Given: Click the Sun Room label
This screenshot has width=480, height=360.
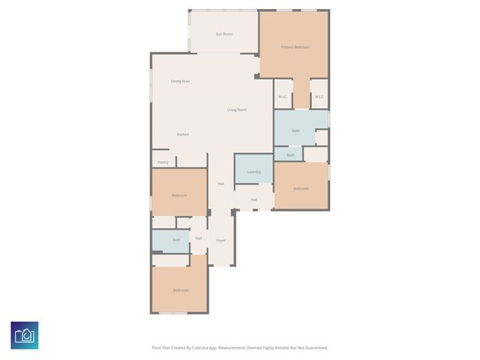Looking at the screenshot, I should [x=224, y=34].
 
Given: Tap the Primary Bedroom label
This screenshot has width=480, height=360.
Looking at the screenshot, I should [x=295, y=47].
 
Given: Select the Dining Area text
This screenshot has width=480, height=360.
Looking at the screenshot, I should [x=180, y=81].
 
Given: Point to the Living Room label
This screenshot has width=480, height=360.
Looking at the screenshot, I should [x=237, y=110].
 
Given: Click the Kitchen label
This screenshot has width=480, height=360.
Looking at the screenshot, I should [x=183, y=134].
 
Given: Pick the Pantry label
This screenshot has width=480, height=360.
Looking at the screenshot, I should [x=163, y=162].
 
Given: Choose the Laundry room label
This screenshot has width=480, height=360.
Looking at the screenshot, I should [x=253, y=172].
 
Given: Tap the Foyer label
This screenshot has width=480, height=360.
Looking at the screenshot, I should [x=221, y=240].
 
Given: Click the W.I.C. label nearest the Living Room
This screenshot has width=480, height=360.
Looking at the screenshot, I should [x=283, y=97].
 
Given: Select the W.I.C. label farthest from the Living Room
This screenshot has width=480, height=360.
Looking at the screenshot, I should [x=319, y=97].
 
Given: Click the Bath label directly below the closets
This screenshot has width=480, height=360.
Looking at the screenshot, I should [x=295, y=131].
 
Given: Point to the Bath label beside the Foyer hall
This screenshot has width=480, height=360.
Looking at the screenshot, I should [x=176, y=240].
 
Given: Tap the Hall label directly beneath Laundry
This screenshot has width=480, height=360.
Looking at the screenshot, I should [x=254, y=199].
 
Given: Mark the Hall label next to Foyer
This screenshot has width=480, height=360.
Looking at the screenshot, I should [x=199, y=238].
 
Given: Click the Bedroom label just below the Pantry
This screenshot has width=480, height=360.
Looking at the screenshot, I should [x=178, y=195].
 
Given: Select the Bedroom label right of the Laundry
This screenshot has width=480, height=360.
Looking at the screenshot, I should [x=301, y=188].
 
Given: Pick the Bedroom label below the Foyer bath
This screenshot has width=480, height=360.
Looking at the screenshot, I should [x=180, y=290].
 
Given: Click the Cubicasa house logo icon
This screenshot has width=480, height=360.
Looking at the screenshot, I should [x=25, y=335].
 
